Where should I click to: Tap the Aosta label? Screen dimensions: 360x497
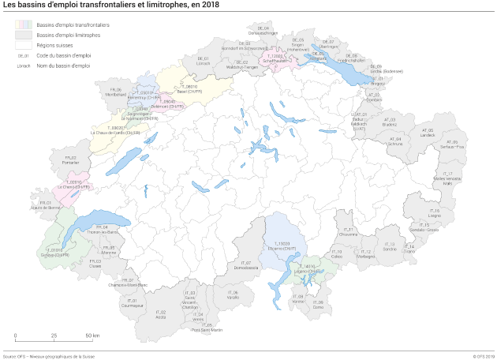[x=161, y=317]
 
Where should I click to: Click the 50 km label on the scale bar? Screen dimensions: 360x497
[x=92, y=336]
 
